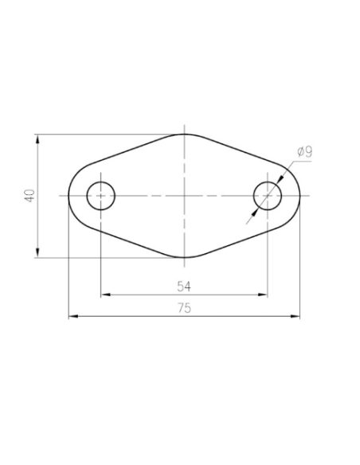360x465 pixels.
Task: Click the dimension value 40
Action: point(29,195)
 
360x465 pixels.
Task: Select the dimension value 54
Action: point(184,285)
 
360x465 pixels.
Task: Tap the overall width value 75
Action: point(184,309)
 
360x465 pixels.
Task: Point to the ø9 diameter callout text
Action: point(303,151)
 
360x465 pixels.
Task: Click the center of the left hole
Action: point(101,195)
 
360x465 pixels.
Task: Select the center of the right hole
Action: point(268,195)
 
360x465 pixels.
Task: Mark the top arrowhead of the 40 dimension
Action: point(37,139)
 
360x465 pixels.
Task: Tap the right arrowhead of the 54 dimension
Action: point(264,295)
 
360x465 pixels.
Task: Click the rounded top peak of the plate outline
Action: point(185,134)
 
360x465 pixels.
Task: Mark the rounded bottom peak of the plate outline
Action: point(185,258)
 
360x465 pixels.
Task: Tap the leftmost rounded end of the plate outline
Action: point(69,195)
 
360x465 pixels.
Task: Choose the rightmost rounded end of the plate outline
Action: point(300,195)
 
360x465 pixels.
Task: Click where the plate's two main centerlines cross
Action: point(185,195)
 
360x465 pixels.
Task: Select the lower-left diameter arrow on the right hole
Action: point(256,209)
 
